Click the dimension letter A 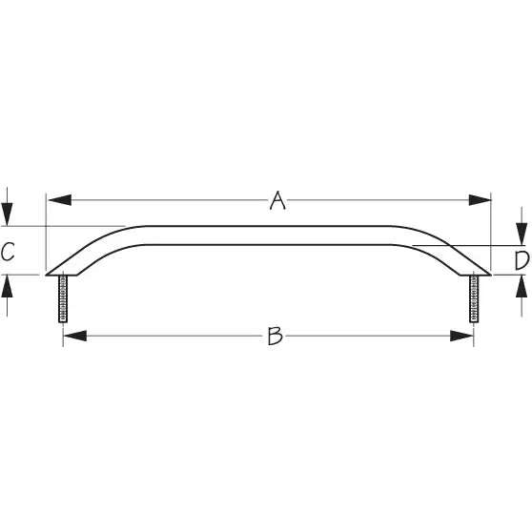[277, 200]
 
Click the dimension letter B [275, 336]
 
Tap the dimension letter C [8, 252]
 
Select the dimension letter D [522, 260]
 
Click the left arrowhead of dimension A [60, 200]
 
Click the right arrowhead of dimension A [480, 200]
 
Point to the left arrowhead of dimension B [75, 336]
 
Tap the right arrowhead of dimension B [461, 336]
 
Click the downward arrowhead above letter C [7, 215]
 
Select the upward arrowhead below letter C [7, 286]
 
